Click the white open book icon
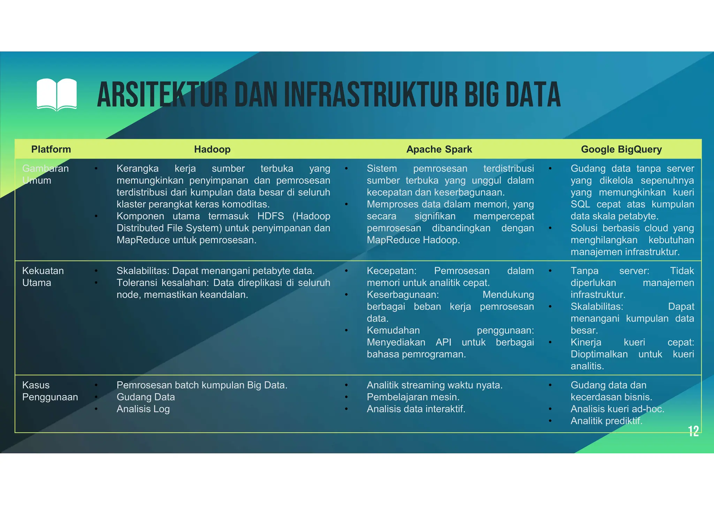point(56,95)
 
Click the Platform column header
point(51,149)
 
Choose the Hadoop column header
point(212,149)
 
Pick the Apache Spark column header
point(439,149)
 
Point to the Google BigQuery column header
point(621,149)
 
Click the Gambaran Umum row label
point(45,174)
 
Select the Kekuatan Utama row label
point(43,277)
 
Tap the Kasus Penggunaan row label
point(50,391)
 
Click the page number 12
point(693,431)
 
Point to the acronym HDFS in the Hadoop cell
point(271,216)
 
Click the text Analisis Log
point(143,409)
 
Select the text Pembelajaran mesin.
point(413,397)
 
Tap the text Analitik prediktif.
point(606,421)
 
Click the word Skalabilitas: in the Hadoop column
point(143,271)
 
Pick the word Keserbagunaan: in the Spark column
point(403,295)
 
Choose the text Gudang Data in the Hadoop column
point(145,397)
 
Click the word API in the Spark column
point(443,342)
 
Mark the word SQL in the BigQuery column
point(580,204)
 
